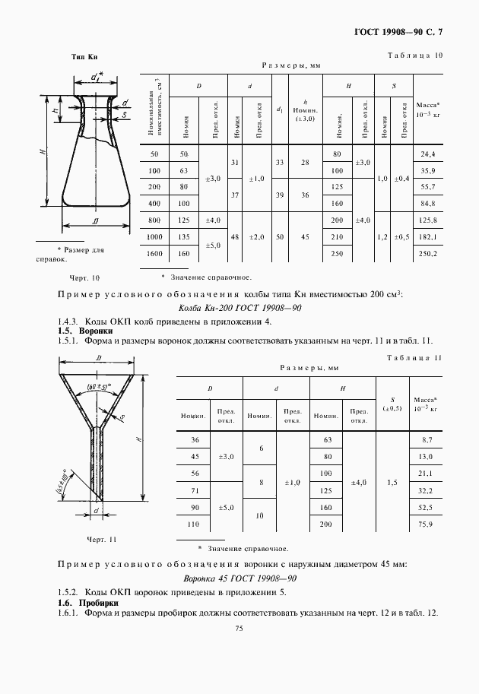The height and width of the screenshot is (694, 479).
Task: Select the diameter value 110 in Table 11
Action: [193, 524]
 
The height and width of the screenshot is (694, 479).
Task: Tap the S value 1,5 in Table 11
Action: [392, 482]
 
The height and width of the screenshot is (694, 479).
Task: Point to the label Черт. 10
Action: [84, 278]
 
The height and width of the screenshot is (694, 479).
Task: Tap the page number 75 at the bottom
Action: [239, 628]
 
